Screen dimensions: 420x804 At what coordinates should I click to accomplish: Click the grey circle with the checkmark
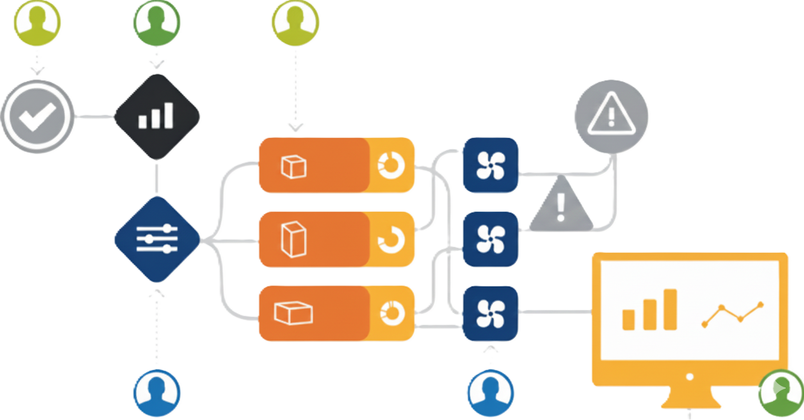tap(37, 116)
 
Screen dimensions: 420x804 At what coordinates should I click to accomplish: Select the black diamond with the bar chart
tap(156, 116)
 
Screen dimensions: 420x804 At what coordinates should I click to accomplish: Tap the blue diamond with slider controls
tap(157, 239)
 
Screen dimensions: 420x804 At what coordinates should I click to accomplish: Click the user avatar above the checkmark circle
tap(37, 23)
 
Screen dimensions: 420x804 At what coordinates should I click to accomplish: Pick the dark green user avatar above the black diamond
tap(156, 23)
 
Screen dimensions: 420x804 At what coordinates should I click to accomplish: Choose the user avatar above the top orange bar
tap(295, 23)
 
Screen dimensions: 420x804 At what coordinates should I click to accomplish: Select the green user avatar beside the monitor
tap(781, 393)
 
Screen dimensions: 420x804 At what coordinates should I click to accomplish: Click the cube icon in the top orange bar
tap(294, 167)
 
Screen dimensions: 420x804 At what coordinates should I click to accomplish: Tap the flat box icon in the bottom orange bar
tap(294, 313)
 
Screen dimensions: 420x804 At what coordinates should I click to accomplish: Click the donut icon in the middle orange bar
tap(392, 239)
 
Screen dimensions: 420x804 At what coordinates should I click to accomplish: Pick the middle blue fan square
tap(490, 239)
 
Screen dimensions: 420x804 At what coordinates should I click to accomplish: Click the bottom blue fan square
tap(490, 313)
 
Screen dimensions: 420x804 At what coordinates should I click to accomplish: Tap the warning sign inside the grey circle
tap(610, 113)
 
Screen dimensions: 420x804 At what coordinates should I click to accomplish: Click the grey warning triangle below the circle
tap(560, 205)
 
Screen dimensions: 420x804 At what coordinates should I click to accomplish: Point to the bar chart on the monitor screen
tap(650, 310)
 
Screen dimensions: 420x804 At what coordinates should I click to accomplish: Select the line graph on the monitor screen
tap(733, 314)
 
